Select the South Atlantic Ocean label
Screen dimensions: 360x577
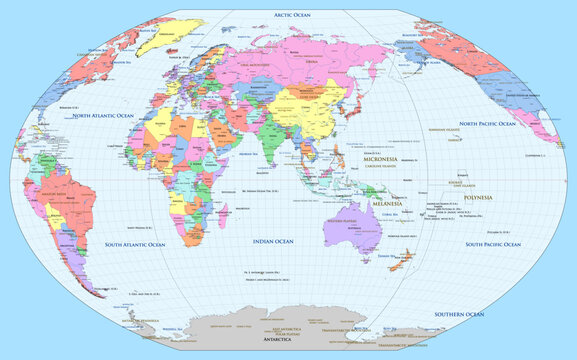[142, 244]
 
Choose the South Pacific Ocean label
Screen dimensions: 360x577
[502, 244]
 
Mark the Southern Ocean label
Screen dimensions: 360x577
[459, 314]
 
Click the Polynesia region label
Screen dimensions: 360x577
[471, 197]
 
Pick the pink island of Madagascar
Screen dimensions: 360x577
[228, 227]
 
